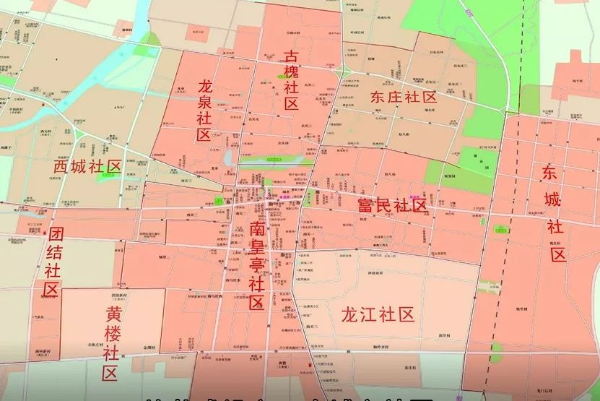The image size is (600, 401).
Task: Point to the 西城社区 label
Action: [87, 167]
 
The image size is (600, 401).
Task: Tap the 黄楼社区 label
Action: [112, 344]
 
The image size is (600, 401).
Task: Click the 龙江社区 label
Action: [377, 314]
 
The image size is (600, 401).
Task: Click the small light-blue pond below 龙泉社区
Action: [230, 157]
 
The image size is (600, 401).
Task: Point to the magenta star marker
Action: [282, 197]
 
